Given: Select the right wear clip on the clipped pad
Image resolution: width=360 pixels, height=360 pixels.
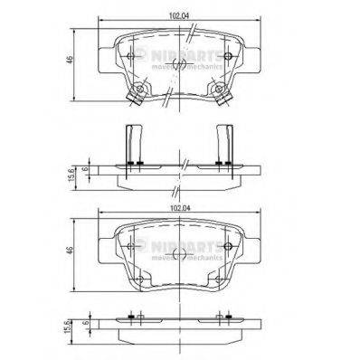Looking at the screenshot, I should click(x=221, y=92).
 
